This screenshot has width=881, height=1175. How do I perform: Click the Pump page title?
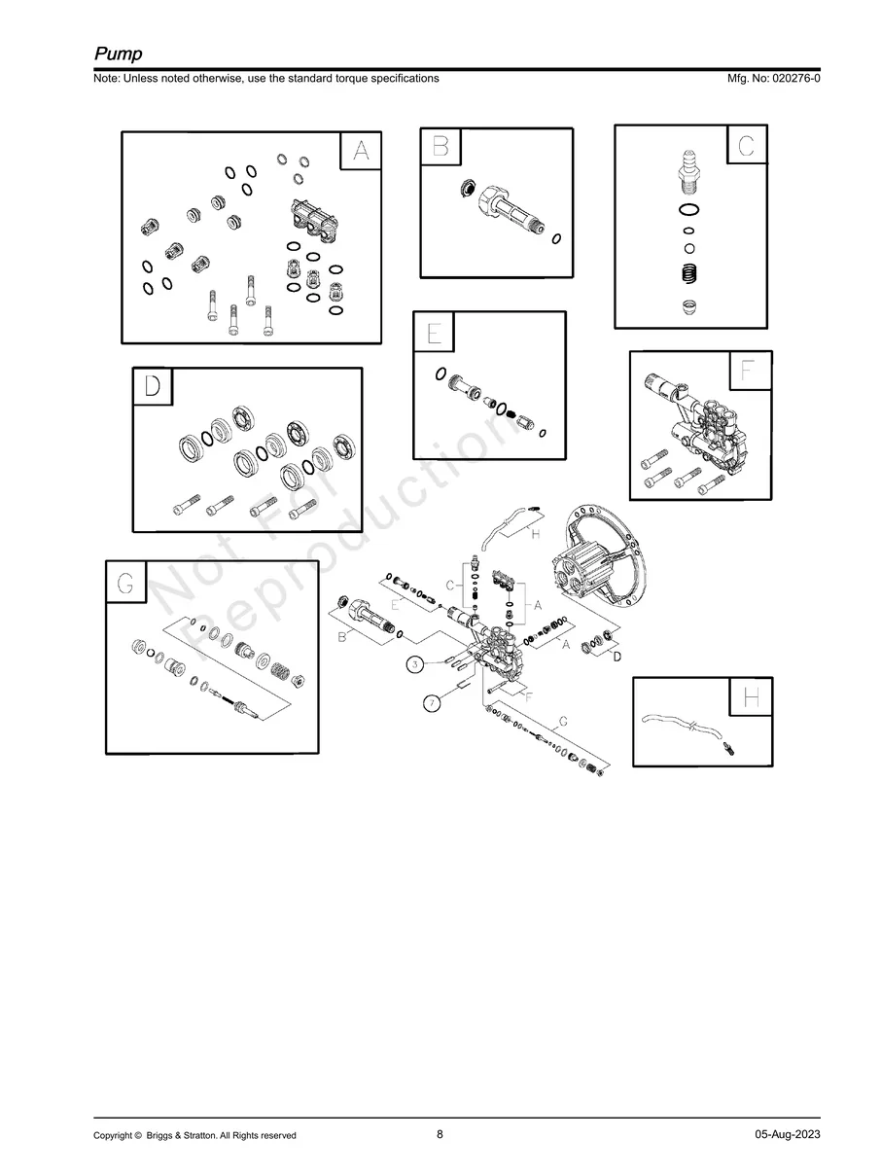point(119,53)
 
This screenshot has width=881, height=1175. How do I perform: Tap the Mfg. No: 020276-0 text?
point(773,78)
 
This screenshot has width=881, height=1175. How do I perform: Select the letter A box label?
point(361,151)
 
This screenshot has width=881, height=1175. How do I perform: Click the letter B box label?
point(440,146)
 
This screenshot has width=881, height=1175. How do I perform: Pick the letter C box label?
point(747,145)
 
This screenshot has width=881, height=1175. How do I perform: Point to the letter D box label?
point(153,386)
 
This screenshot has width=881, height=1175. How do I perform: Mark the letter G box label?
point(125,582)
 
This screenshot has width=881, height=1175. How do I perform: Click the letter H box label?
point(751,696)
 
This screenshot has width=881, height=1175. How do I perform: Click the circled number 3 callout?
point(415,664)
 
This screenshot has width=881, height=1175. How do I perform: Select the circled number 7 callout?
point(432,703)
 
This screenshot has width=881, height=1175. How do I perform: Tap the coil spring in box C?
point(689,273)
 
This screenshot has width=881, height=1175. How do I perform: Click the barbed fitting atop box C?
point(689,173)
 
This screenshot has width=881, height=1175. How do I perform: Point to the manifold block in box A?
point(313,222)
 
